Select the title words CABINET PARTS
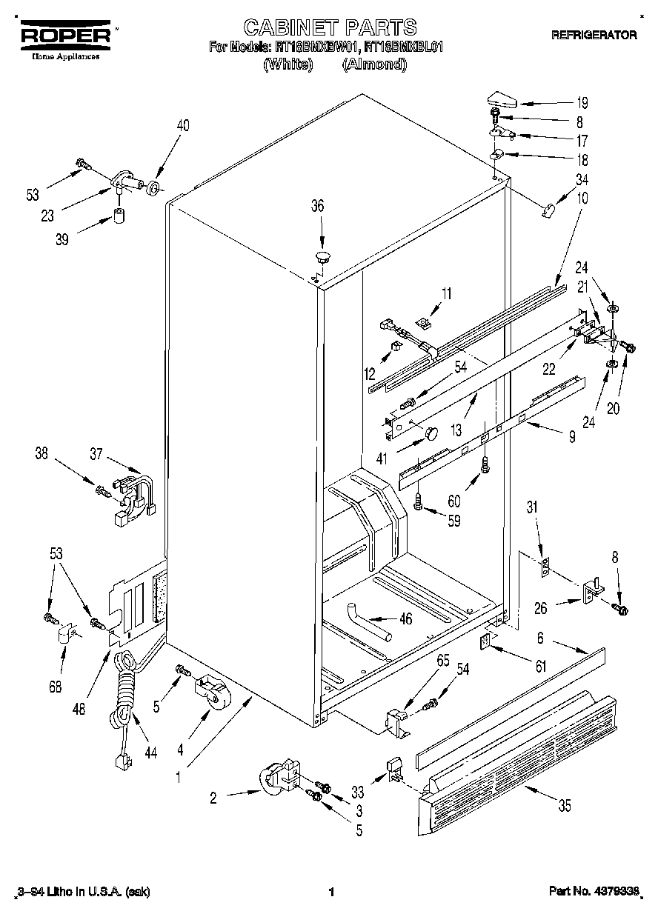point(330,28)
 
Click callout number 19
point(582,103)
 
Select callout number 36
point(317,207)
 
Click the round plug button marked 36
point(322,257)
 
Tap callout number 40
point(182,126)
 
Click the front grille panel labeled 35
point(519,770)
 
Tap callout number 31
point(531,507)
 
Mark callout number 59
point(453,521)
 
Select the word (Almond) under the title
point(374,65)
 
